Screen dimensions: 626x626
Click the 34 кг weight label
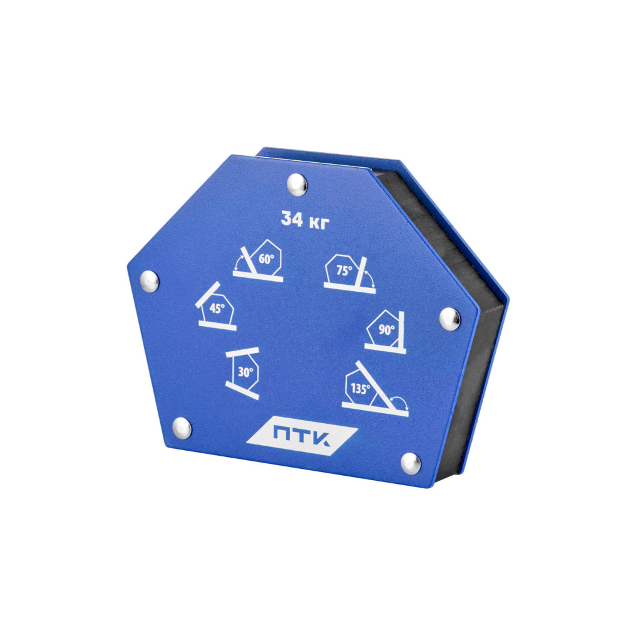(305, 220)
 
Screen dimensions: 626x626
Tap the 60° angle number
(266, 259)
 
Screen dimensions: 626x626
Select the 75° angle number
(344, 270)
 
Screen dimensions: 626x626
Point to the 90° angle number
(386, 330)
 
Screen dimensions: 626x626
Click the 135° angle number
(360, 389)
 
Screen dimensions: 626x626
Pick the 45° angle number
(217, 308)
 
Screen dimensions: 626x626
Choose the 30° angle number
(245, 372)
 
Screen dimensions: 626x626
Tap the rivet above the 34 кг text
(297, 185)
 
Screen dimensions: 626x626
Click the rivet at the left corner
(150, 281)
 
